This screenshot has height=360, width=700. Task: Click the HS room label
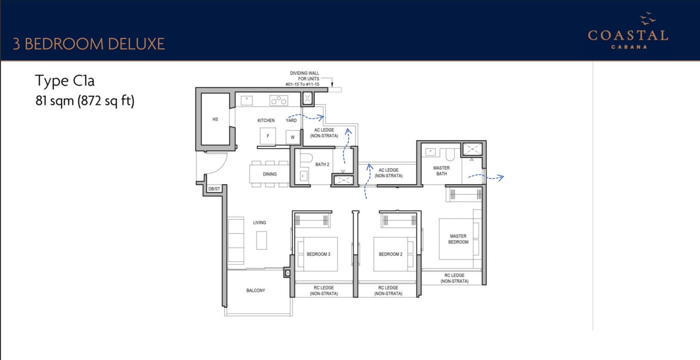pyautogui.click(x=215, y=119)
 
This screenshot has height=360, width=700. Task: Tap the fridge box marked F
pyautogui.click(x=268, y=136)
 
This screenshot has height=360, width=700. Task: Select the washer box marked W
pyautogui.click(x=293, y=137)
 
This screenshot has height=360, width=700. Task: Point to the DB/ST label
pyautogui.click(x=214, y=189)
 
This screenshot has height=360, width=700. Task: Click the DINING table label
pyautogui.click(x=270, y=174)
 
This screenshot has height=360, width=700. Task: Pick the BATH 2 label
pyautogui.click(x=322, y=164)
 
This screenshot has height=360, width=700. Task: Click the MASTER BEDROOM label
pyautogui.click(x=458, y=239)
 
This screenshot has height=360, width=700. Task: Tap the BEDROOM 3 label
pyautogui.click(x=318, y=254)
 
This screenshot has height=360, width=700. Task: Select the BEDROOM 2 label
pyautogui.click(x=390, y=254)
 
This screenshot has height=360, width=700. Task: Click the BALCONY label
pyautogui.click(x=256, y=290)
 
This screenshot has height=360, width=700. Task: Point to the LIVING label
pyautogui.click(x=259, y=223)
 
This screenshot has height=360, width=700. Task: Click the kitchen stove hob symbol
pyautogui.click(x=279, y=101)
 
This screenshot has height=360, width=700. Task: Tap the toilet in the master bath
pyautogui.click(x=450, y=155)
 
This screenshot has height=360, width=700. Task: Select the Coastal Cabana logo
pyautogui.click(x=628, y=31)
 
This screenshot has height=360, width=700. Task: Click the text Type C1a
pyautogui.click(x=65, y=81)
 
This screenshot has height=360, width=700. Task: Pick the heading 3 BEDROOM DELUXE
pyautogui.click(x=89, y=44)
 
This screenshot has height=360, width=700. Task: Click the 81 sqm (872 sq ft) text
pyautogui.click(x=85, y=101)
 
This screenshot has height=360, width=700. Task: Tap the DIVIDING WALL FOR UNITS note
pyautogui.click(x=304, y=79)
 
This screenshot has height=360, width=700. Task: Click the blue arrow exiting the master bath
pyautogui.click(x=486, y=177)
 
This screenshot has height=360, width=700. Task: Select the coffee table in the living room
pyautogui.click(x=262, y=241)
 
